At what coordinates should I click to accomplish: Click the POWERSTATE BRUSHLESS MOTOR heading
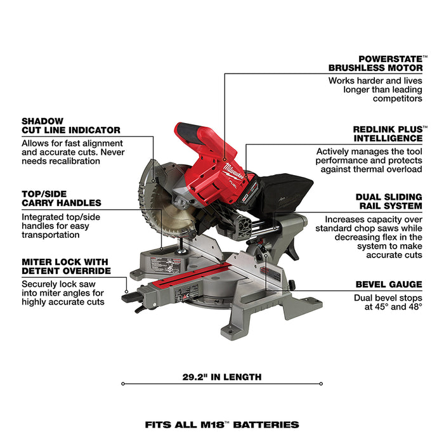point(375,62)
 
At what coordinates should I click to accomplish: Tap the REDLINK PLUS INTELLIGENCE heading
point(388,133)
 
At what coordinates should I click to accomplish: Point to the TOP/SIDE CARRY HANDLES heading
point(61,198)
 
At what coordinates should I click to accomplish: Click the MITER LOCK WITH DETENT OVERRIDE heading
point(65,266)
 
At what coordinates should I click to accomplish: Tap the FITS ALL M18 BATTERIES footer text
point(221,424)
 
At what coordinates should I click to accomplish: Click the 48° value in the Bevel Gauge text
point(414,307)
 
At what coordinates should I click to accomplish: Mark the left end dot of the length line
point(122,384)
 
